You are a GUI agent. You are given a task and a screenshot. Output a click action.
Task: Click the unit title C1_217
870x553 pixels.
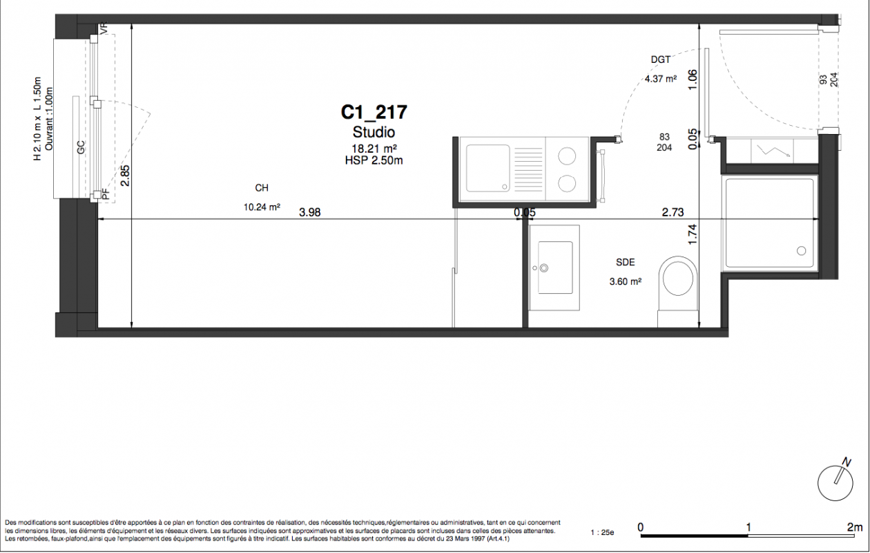pos(374,112)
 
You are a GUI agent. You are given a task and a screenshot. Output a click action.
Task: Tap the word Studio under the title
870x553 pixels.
pos(374,132)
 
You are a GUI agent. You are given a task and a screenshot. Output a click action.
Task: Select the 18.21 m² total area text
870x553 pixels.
pos(374,148)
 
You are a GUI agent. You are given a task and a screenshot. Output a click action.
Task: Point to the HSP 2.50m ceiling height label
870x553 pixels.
pos(374,160)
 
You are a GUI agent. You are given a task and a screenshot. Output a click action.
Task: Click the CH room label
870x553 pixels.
pos(262,188)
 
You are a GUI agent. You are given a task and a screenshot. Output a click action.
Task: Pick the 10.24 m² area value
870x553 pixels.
pos(262,207)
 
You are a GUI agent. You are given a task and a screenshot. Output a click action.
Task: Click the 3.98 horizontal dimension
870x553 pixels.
pos(309,212)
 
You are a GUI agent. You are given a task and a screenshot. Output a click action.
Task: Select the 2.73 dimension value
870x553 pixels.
pos(673,212)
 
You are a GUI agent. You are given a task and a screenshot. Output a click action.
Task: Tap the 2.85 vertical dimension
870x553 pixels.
pos(125,176)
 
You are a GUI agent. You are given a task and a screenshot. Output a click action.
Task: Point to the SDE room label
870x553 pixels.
pos(626,262)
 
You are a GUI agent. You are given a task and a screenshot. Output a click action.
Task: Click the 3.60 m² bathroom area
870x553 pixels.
pos(626,281)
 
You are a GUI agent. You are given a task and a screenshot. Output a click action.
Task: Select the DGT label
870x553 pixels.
pos(661,59)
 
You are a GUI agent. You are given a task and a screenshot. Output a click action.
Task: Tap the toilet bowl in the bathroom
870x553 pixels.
pos(678,278)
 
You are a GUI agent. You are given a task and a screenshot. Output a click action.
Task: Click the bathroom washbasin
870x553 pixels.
pos(555,268)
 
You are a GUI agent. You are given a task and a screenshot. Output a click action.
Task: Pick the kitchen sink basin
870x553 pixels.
pos(487,169)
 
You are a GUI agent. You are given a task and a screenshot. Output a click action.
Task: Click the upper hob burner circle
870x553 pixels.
pos(567,156)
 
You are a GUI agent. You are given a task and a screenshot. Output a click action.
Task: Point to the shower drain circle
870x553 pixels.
pos(801,251)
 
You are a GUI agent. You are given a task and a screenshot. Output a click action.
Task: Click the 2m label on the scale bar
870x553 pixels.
pos(855,527)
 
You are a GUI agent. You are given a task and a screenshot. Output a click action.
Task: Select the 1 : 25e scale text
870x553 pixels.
pos(602,533)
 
